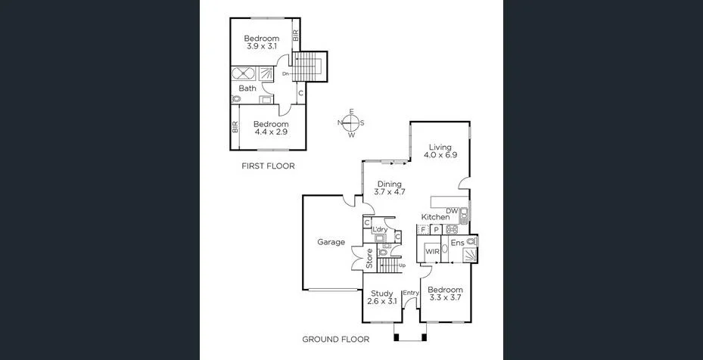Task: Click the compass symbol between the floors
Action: [351, 123]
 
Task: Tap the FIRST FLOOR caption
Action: [268, 166]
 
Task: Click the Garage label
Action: [331, 243]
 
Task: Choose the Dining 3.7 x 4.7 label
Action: [390, 187]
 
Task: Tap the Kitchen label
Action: [435, 217]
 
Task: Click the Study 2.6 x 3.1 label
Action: [382, 297]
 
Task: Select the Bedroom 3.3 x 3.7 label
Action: [445, 293]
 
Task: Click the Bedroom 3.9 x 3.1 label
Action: [262, 42]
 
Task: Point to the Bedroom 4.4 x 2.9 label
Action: [271, 128]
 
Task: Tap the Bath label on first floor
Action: [247, 88]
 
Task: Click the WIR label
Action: [433, 251]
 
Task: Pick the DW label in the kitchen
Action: [452, 211]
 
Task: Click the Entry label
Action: [411, 293]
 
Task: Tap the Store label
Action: [370, 259]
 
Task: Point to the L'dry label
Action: [381, 229]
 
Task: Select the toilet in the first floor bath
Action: [237, 99]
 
